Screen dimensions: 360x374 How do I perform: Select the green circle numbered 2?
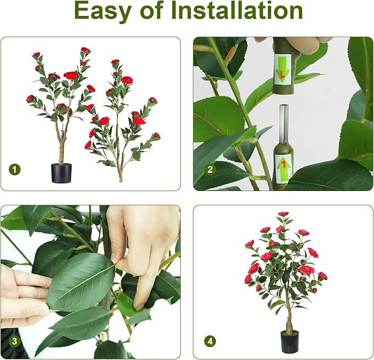209,170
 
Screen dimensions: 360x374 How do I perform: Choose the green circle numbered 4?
209,341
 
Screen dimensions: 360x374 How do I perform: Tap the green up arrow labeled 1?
283,164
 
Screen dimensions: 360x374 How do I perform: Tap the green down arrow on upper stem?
283,73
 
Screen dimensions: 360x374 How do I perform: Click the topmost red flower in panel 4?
283,214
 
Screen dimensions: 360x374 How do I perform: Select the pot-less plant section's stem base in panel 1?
120,175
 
